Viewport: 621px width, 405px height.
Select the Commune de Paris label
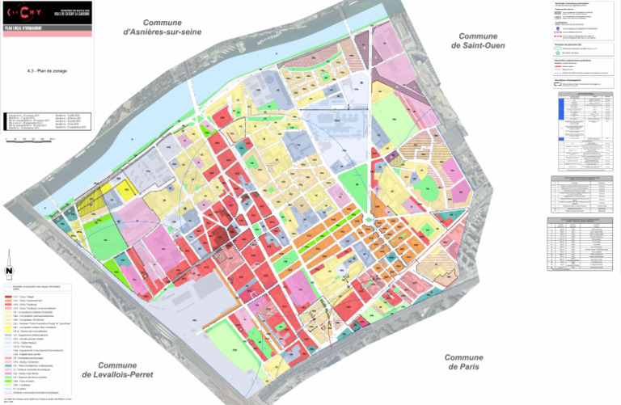click(x=463, y=362)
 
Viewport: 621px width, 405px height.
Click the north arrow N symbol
click(x=9, y=272)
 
